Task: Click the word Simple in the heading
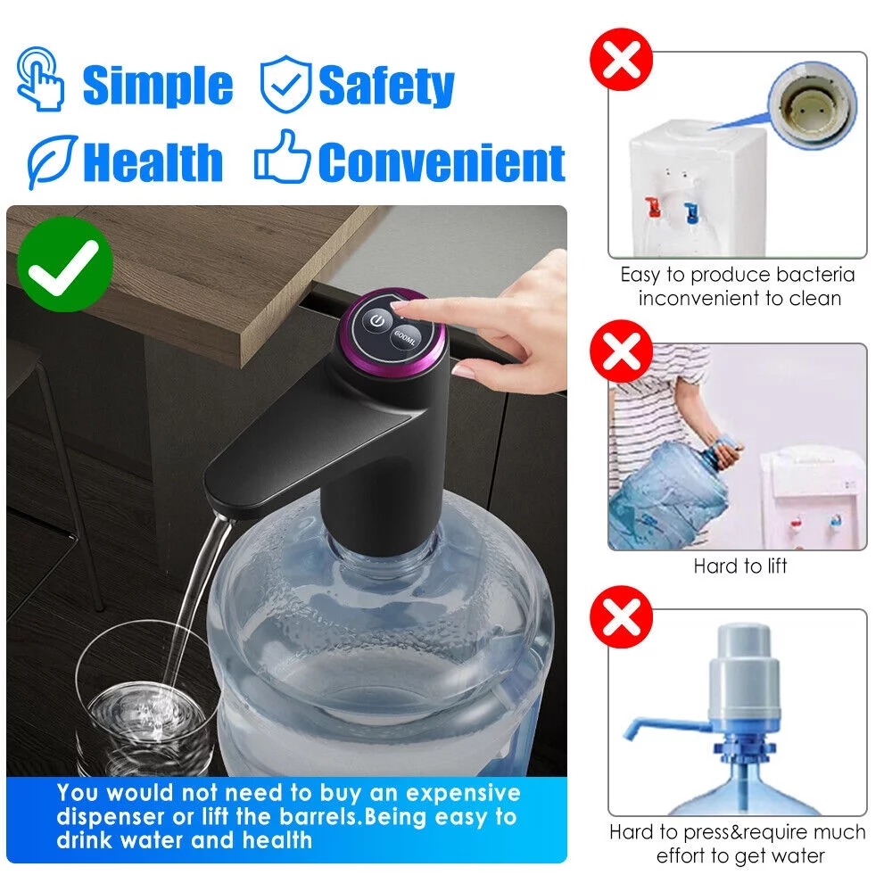pyautogui.click(x=157, y=86)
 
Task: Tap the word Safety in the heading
pyautogui.click(x=386, y=86)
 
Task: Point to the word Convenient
pyautogui.click(x=442, y=162)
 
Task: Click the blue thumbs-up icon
pyautogui.click(x=282, y=159)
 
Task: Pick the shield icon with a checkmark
pyautogui.click(x=285, y=85)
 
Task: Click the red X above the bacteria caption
pyautogui.click(x=623, y=61)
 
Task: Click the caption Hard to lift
pyautogui.click(x=740, y=566)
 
